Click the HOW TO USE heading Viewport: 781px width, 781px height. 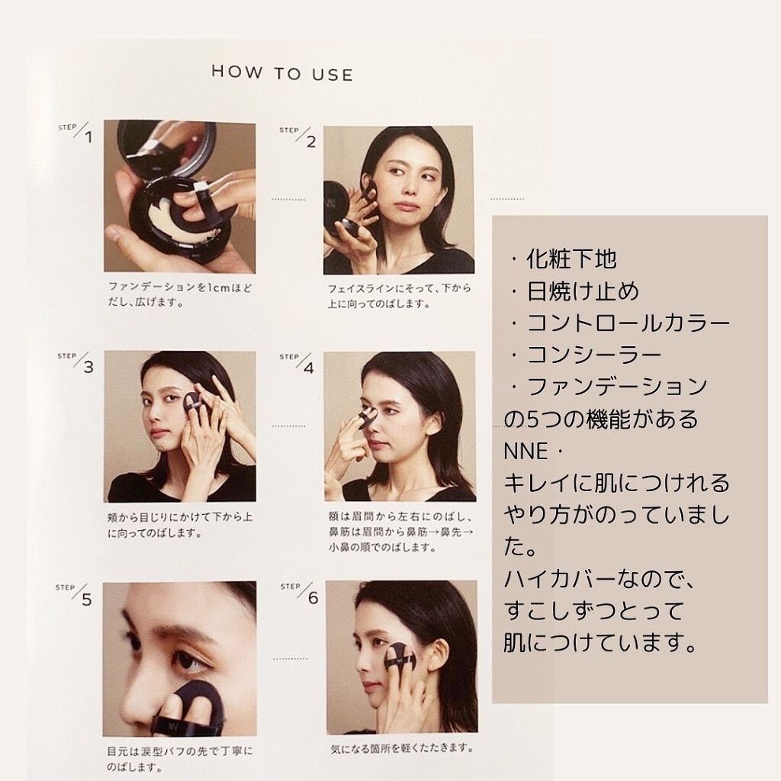click(x=282, y=72)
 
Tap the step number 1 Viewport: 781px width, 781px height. click(x=88, y=137)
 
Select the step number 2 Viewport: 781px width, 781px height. click(x=311, y=142)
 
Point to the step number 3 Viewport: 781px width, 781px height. click(x=88, y=367)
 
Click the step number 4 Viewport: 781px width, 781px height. click(x=310, y=368)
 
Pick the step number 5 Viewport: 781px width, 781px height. click(x=87, y=599)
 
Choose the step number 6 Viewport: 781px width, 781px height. click(x=313, y=598)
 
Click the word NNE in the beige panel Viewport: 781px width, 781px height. click(x=526, y=452)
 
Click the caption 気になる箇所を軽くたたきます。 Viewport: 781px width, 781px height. click(x=401, y=748)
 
